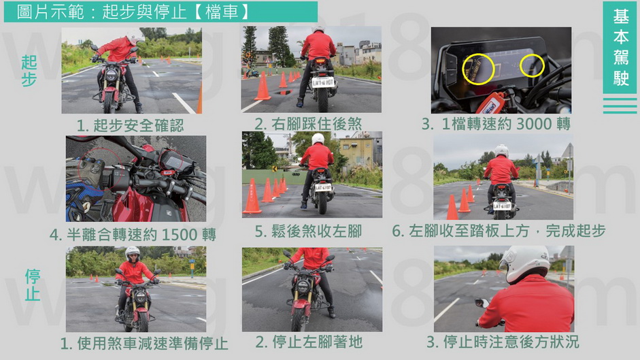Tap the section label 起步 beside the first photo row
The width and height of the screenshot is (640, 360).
pos(29,71)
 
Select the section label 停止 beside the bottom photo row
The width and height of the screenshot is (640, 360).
pos(33,285)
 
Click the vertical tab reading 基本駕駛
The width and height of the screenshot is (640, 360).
pos(620,47)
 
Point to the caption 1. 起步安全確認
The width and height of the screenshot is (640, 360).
pos(130,125)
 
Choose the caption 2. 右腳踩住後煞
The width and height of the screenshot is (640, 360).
pos(308,124)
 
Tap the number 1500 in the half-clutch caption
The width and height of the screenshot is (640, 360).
pos(180,235)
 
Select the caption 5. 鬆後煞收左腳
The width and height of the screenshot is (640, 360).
pos(308,231)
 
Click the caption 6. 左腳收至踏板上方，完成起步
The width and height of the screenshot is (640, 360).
pos(499,231)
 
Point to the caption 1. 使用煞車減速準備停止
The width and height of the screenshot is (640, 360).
pos(144,343)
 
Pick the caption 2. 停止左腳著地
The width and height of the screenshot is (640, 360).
pos(309,342)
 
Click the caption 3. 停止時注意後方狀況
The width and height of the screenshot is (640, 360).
pos(503,342)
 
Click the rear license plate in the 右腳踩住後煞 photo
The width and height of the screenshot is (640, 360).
pos(323,82)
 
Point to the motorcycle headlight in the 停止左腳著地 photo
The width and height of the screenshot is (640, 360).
pos(302,286)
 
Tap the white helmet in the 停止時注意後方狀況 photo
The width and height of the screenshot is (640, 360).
pos(523,263)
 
